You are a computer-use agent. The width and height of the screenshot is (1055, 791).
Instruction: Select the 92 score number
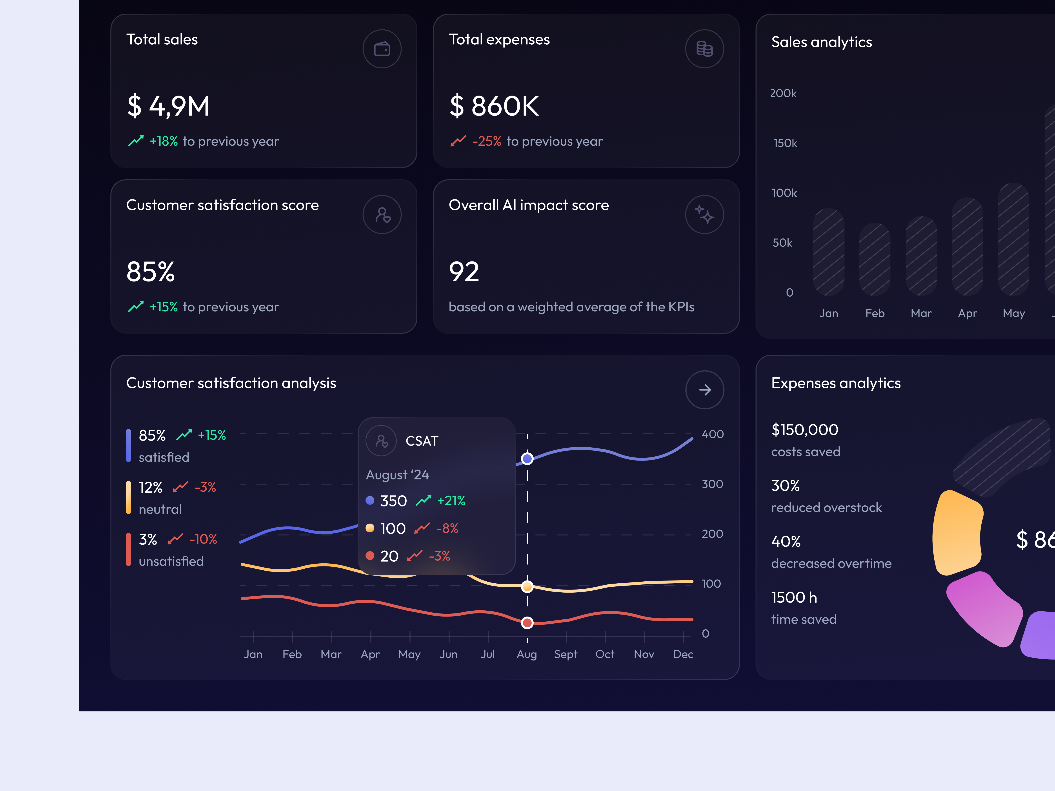[x=464, y=272]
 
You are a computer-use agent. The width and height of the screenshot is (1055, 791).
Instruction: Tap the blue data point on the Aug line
[x=527, y=459]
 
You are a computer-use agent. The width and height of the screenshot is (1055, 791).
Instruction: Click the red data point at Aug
[x=527, y=623]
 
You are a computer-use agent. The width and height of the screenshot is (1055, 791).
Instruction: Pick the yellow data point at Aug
[x=527, y=586]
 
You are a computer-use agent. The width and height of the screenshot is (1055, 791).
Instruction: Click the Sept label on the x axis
[x=566, y=654]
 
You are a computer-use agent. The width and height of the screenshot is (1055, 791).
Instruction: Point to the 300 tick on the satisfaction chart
[x=712, y=484]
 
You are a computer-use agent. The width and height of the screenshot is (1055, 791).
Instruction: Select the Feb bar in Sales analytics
[x=874, y=260]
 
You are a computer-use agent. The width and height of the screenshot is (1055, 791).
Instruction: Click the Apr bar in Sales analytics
[x=967, y=247]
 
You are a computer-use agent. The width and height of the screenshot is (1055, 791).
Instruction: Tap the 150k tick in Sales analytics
[x=785, y=143]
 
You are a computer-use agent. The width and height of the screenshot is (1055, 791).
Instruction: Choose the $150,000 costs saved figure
[x=805, y=430]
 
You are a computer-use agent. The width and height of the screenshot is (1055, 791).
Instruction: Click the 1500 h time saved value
[x=794, y=597]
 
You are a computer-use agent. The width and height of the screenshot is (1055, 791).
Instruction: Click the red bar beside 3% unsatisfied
[x=128, y=549]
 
